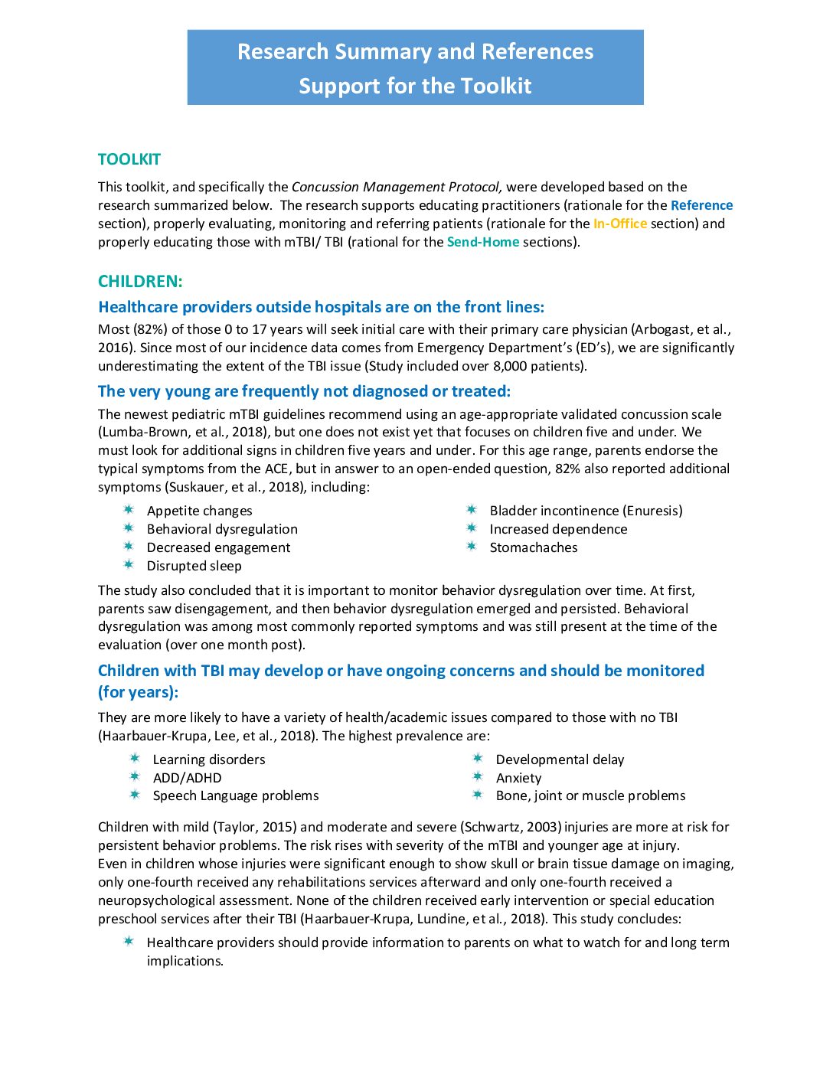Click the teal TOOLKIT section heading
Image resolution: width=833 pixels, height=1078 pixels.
tap(129, 159)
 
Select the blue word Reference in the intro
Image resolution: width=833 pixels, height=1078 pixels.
tap(701, 205)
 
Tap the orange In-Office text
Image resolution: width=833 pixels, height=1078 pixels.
tap(619, 224)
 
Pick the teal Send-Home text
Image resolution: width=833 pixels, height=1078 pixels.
tap(482, 242)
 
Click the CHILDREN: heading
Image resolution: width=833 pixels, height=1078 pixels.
tap(140, 281)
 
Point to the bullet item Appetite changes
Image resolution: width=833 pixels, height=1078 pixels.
tap(199, 511)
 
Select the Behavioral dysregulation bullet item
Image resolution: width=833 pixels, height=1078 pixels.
tap(222, 529)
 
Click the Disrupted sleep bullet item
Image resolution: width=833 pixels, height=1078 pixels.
tap(194, 566)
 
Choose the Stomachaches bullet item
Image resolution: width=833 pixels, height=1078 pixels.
tap(534, 547)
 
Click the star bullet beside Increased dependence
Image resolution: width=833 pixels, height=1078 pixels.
tap(472, 528)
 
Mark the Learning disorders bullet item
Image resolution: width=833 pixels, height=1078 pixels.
tap(209, 759)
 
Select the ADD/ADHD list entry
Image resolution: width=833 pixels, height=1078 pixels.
tap(187, 778)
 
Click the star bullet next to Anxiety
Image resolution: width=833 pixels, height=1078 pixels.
tap(478, 777)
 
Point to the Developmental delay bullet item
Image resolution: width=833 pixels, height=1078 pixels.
tap(560, 759)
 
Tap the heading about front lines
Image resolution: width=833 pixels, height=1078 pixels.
tap(321, 307)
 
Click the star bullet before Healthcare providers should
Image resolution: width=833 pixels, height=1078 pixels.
tap(129, 942)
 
